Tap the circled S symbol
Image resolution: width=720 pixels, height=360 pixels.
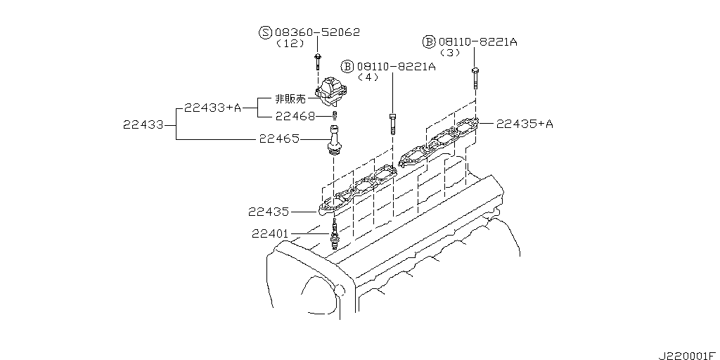265,32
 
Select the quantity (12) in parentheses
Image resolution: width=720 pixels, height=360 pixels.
290,44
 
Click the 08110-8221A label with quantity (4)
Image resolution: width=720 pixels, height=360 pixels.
396,66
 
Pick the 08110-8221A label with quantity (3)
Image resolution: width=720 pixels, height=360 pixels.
478,42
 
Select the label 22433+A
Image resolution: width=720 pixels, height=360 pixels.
212,108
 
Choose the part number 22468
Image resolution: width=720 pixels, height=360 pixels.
295,115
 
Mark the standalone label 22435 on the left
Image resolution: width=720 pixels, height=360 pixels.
269,210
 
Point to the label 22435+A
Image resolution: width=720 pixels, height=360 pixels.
525,124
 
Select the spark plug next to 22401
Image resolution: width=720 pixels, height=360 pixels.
335,235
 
